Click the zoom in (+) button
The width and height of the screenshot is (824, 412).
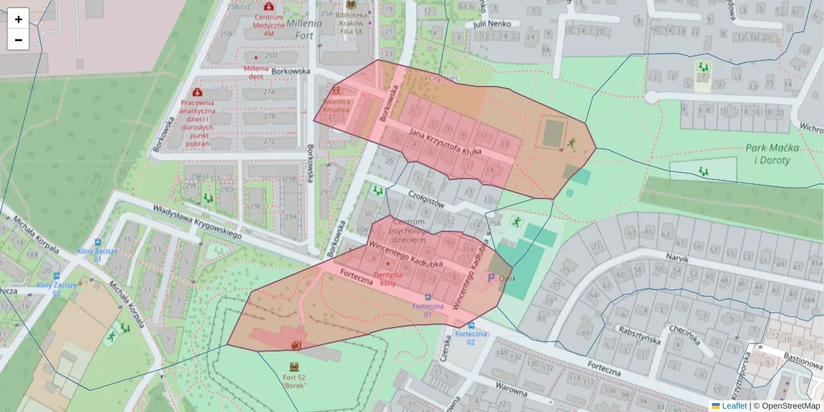pyautogui.click(x=19, y=19)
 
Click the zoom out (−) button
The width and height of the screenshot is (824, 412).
pyautogui.click(x=19, y=40)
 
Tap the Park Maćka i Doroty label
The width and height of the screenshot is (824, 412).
pyautogui.click(x=768, y=154)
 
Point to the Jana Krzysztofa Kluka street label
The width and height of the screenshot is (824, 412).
pyautogui.click(x=444, y=141)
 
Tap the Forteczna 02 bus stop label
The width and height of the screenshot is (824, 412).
pyautogui.click(x=470, y=337)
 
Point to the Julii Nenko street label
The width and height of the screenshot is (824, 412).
pyautogui.click(x=492, y=23)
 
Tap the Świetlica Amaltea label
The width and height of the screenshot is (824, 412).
pyautogui.click(x=336, y=105)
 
